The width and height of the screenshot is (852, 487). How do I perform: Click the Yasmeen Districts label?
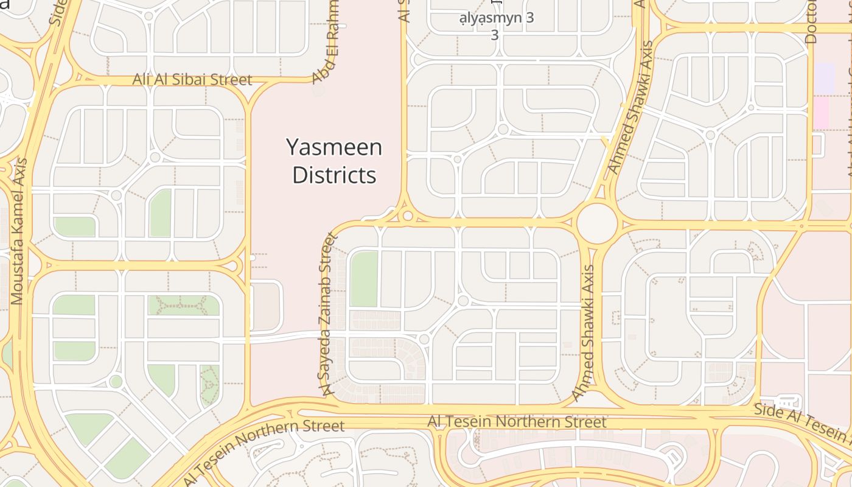tap(334, 161)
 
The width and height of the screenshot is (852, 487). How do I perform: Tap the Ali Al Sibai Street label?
tap(192, 80)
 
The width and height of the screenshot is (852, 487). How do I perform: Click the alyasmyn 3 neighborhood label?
tap(497, 18)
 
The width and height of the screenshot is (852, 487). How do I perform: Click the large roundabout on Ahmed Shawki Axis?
tap(597, 224)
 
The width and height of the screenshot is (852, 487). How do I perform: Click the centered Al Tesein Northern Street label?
tap(517, 422)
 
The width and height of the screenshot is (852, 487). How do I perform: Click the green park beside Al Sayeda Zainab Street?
tap(364, 279)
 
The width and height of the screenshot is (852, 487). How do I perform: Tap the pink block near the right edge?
tap(822, 113)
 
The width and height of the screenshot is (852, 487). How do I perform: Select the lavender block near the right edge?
tap(825, 79)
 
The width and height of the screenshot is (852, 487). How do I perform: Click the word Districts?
tap(334, 175)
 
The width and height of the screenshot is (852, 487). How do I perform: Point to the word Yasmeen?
tap(334, 147)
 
